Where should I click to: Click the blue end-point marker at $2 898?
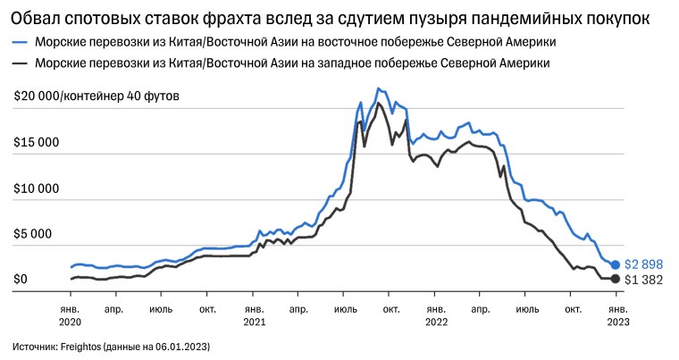coord(615,265)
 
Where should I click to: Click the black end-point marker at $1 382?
coord(615,280)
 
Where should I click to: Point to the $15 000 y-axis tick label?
coord(37,143)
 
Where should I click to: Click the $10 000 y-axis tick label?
coord(37,188)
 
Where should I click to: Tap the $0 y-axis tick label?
coord(21,280)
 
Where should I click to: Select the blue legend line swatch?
coord(20,42)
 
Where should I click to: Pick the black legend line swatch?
coord(20,63)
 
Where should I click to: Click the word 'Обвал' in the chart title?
coord(39,18)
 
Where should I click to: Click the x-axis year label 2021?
coord(254,321)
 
